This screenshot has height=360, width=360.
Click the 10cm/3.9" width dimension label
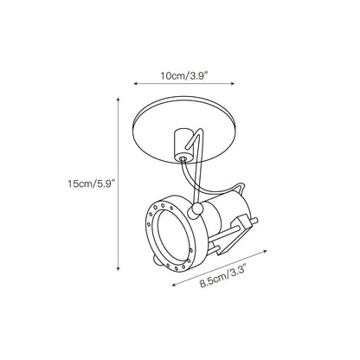click(x=184, y=76)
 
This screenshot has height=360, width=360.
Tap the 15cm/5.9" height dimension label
click(x=92, y=183)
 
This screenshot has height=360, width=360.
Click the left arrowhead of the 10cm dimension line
click(x=135, y=84)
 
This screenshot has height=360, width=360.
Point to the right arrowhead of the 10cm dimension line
click(x=233, y=84)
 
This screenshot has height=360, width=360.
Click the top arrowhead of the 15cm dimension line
click(x=118, y=100)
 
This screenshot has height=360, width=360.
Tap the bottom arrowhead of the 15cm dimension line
click(x=118, y=269)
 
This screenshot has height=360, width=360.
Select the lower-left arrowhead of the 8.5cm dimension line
click(x=174, y=285)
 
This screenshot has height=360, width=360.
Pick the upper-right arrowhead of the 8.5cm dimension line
click(x=265, y=251)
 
